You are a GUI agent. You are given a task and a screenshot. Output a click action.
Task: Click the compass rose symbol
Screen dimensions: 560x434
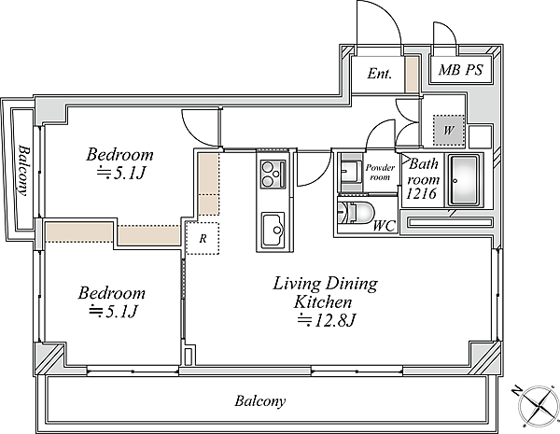pos(538,406)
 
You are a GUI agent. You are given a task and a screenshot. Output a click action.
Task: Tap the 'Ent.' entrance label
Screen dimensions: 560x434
pos(379,74)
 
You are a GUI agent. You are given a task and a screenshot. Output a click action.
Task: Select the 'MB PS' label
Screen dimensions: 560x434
pos(461,70)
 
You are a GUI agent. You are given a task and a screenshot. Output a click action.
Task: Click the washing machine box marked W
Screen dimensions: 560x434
pos(449,130)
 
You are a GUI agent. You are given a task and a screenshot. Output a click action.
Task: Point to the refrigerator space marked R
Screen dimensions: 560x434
pos(203,238)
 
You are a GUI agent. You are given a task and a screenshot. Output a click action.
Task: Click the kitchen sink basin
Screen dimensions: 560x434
pos(273,231)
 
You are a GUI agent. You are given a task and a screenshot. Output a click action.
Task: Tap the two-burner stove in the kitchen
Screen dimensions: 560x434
pos(273,174)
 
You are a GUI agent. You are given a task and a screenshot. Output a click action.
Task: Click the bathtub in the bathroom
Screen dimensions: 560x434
pos(464,180)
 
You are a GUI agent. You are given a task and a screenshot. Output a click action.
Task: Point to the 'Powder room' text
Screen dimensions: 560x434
pos(380,172)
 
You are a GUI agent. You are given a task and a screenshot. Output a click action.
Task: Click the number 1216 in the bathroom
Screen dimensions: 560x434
pos(422,193)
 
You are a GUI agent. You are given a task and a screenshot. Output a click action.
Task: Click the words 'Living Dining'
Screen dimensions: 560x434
pos(326,284)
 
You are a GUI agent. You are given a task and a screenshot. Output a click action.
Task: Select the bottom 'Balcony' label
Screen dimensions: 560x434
pos(260,400)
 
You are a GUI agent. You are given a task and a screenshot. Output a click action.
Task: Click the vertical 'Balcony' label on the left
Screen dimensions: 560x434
pos(24,170)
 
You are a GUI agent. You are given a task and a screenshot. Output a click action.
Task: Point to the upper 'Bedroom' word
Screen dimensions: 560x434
pos(120,154)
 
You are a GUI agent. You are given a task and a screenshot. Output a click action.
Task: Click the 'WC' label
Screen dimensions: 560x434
pos(385,226)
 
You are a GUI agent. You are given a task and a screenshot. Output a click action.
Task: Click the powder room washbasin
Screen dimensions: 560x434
pos(350,172)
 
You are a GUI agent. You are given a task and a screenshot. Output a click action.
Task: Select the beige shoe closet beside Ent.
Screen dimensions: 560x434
pos(411,74)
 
